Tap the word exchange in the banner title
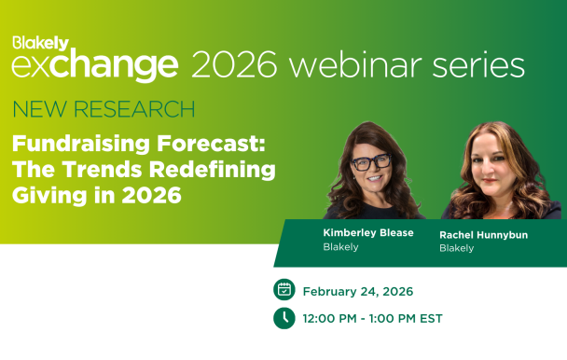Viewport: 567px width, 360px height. pyautogui.click(x=94, y=65)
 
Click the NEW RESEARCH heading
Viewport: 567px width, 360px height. pyautogui.click(x=104, y=110)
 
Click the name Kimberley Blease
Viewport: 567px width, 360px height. pyautogui.click(x=367, y=233)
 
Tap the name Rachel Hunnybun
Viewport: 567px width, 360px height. pyautogui.click(x=483, y=235)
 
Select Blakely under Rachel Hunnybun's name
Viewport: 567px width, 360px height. pyautogui.click(x=456, y=249)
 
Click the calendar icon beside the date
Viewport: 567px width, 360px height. pyautogui.click(x=283, y=290)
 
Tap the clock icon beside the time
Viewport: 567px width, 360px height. pyautogui.click(x=283, y=318)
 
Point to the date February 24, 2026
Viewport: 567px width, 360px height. pyautogui.click(x=358, y=291)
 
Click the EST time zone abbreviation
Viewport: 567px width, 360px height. pyautogui.click(x=430, y=319)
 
